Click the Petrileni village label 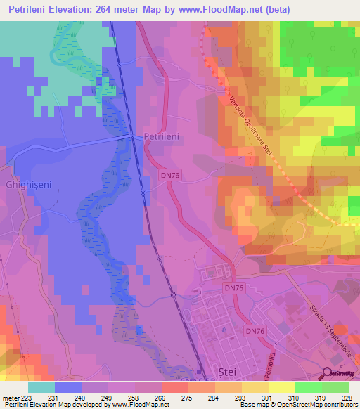coord(163,138)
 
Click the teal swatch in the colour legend coord(41,387)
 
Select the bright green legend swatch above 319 coord(309,387)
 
